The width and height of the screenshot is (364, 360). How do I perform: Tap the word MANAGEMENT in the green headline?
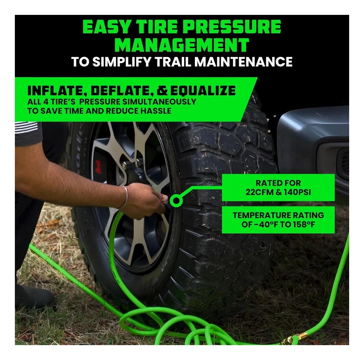pyautogui.click(x=182, y=45)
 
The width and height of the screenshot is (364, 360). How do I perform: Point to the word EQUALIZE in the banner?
pyautogui.click(x=203, y=90)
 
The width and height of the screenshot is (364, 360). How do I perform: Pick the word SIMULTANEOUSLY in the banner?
pyautogui.click(x=159, y=102)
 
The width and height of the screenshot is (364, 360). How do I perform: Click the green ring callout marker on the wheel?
pyautogui.click(x=176, y=200)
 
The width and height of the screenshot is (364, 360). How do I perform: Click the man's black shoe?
pyautogui.click(x=35, y=295)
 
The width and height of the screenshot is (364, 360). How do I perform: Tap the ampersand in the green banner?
pyautogui.click(x=163, y=90)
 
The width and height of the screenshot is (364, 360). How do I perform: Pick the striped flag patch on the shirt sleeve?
pyautogui.click(x=26, y=127)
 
